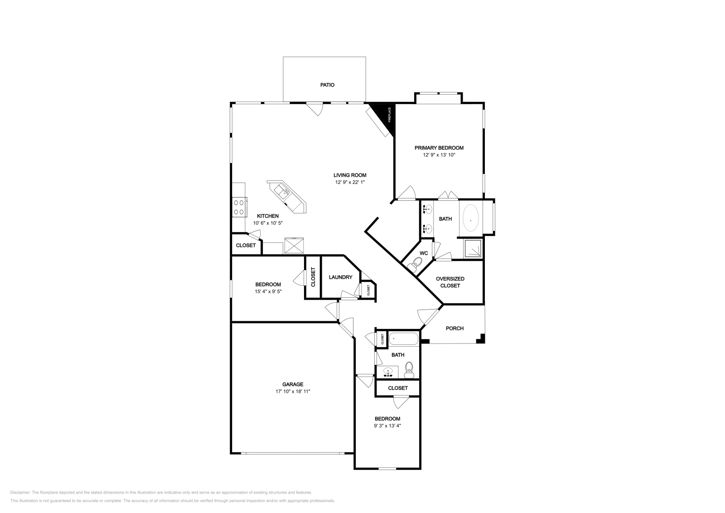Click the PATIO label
pyautogui.click(x=327, y=85)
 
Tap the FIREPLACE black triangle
pyautogui.click(x=386, y=113)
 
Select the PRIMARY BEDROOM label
pyautogui.click(x=439, y=148)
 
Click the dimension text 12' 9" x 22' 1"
pyautogui.click(x=349, y=182)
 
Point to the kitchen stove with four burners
pyautogui.click(x=239, y=207)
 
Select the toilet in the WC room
pyautogui.click(x=416, y=263)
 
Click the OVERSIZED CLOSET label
pyautogui.click(x=450, y=282)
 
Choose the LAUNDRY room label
pyautogui.click(x=340, y=277)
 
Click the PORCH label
pyautogui.click(x=454, y=328)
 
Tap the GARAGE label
pyautogui.click(x=293, y=384)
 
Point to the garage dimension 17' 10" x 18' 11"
pyautogui.click(x=293, y=391)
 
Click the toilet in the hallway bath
pyautogui.click(x=409, y=369)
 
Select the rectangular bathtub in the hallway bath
pyautogui.click(x=404, y=339)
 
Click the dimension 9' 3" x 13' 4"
pyautogui.click(x=387, y=426)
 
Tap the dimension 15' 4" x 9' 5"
pyautogui.click(x=268, y=291)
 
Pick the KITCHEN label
pyautogui.click(x=268, y=216)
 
